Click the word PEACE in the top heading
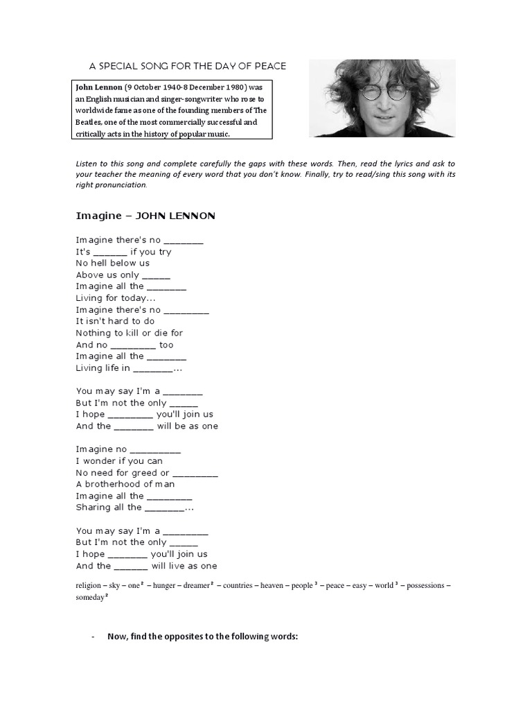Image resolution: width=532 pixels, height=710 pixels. point(269,66)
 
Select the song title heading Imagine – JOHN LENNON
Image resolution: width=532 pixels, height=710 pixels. point(145,216)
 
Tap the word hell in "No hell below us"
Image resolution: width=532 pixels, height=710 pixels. point(100,263)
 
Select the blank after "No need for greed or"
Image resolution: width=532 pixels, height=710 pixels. point(195,474)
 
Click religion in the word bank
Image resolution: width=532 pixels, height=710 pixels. point(91,585)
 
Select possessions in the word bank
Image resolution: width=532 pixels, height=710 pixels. point(427,585)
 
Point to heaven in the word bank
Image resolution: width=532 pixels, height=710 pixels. point(272,585)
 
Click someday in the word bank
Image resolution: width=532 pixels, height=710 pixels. point(90,598)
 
